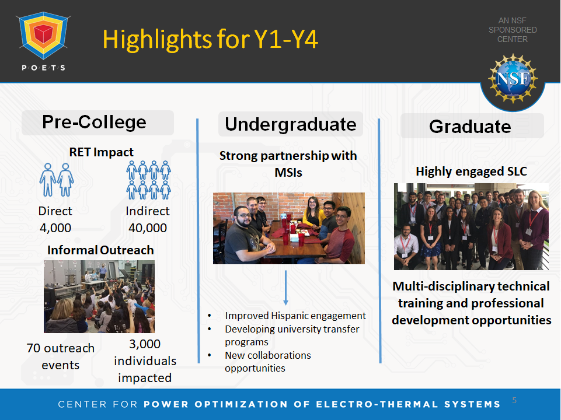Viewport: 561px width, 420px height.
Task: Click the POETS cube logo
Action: [44, 35]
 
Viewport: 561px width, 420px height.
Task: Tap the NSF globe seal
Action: [513, 79]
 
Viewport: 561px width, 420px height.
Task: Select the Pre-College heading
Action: [94, 123]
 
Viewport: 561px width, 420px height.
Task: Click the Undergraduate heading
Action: [291, 124]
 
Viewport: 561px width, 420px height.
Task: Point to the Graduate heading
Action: [470, 127]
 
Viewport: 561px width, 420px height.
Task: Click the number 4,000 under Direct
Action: [55, 228]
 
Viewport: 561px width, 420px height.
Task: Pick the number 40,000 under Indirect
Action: [148, 228]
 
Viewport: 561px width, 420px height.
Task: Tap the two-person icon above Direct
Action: [57, 180]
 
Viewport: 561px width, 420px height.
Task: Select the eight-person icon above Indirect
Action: [148, 180]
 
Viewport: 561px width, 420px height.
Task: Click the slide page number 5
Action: [514, 400]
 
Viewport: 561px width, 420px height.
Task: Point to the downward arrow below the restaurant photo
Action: [285, 288]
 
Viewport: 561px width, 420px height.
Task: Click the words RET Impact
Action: [101, 152]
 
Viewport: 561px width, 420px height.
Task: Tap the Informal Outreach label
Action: [100, 250]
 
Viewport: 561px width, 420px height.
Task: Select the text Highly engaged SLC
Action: [471, 171]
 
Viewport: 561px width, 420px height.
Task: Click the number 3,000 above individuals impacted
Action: [145, 344]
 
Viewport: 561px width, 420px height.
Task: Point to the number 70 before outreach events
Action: [33, 348]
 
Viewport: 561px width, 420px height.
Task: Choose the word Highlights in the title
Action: [158, 39]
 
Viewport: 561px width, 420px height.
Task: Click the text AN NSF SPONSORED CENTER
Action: [513, 30]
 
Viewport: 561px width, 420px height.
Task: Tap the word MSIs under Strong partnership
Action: [288, 173]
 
